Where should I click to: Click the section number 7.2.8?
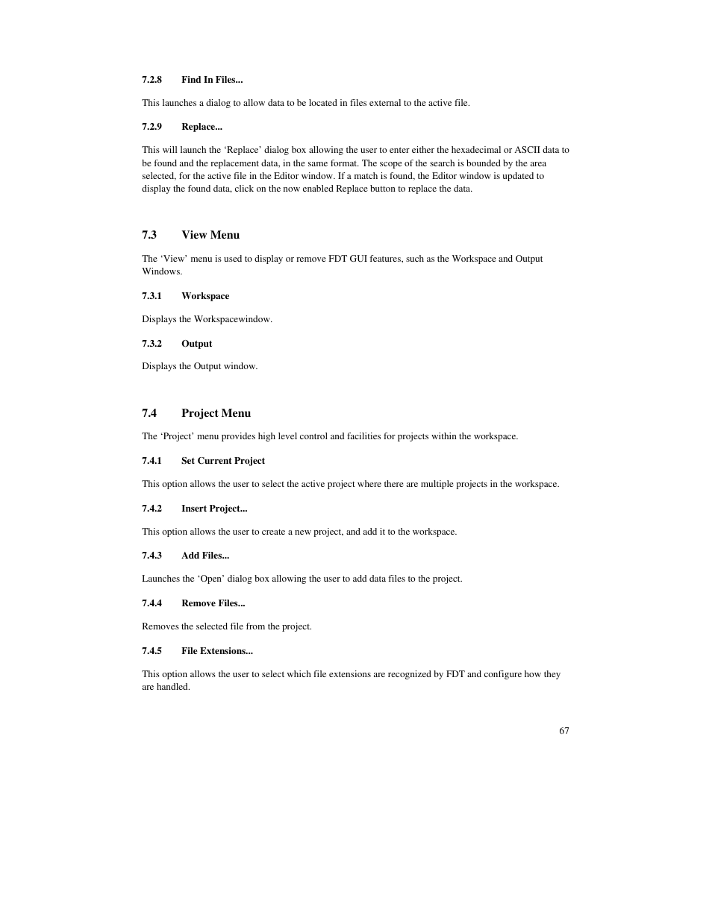coord(152,80)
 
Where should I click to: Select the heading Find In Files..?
coord(212,80)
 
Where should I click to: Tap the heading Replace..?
coord(202,127)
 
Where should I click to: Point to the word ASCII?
coord(527,150)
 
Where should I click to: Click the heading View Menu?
coord(210,235)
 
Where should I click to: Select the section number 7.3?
coord(149,235)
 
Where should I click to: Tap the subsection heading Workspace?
coord(205,296)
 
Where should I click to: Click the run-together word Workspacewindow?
coord(233,319)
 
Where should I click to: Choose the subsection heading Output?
coord(196,344)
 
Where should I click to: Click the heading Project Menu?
coord(216,413)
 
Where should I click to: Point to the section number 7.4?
coord(149,413)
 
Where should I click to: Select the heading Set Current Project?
coord(223,461)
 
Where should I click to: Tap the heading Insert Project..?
coord(214,509)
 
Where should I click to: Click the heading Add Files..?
coord(205,556)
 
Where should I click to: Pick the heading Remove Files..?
coord(213,603)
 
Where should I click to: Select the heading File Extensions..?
coord(217,651)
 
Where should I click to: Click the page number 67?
coord(564,731)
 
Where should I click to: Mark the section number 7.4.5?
coord(152,651)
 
